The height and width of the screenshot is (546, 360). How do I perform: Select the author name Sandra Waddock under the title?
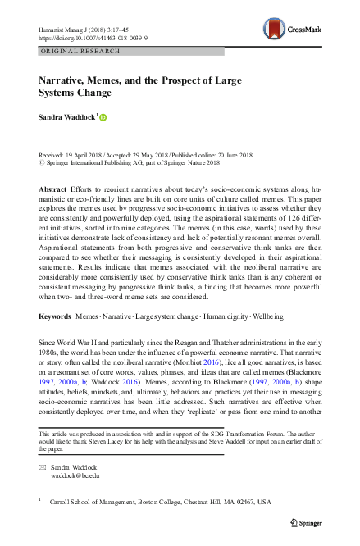pos(67,118)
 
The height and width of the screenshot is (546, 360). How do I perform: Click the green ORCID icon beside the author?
pos(103,118)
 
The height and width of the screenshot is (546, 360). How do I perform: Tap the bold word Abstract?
pos(53,188)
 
